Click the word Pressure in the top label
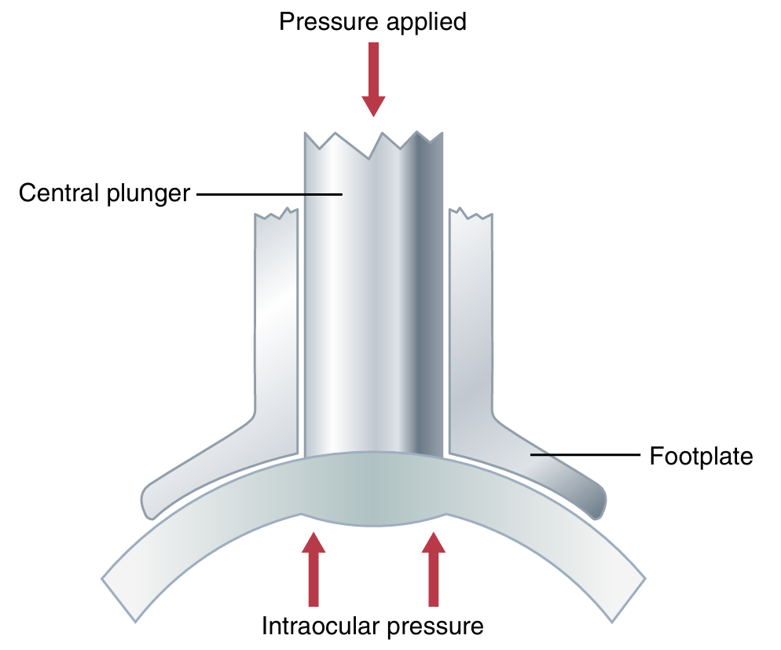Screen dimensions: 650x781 (325, 21)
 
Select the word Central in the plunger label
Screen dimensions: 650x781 (59, 193)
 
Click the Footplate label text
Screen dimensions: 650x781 (701, 456)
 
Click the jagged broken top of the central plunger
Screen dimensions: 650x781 (373, 141)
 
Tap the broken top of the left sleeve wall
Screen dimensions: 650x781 (276, 214)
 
